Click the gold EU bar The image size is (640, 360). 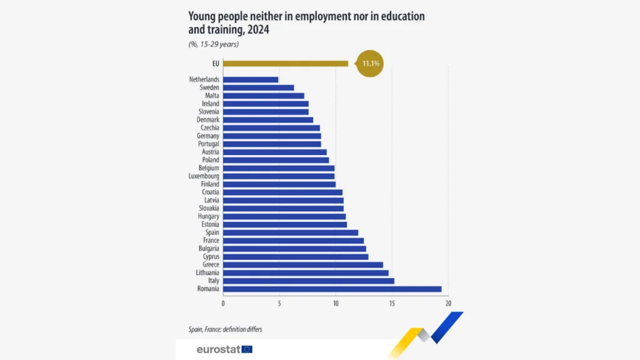285,63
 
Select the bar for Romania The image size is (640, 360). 332,289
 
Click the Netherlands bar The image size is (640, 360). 250,79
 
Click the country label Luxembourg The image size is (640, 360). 204,176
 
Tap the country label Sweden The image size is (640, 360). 209,87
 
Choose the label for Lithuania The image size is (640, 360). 207,272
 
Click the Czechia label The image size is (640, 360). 209,127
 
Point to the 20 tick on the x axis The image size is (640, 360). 448,303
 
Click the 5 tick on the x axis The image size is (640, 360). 279,303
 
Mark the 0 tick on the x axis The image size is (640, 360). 223,303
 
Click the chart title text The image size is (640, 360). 306,22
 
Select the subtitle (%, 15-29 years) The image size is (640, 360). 214,44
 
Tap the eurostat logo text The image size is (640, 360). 218,349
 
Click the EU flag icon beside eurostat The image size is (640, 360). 247,349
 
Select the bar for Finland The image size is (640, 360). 279,184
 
